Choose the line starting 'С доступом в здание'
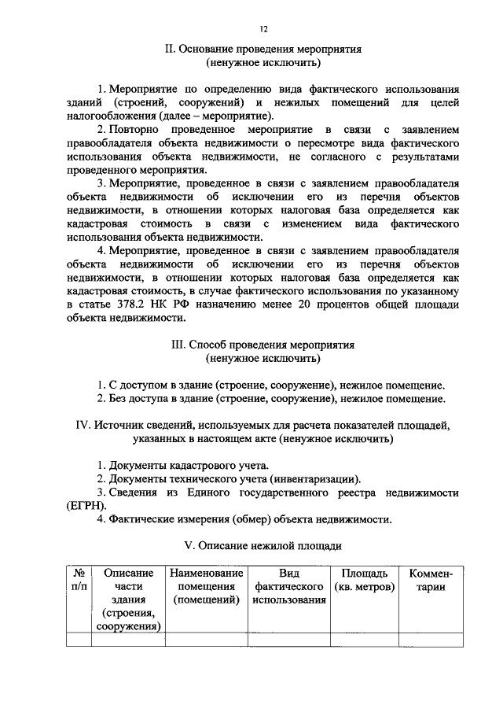tap(270, 386)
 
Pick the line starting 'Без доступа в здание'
tap(270, 399)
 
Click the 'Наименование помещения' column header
tap(207, 586)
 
